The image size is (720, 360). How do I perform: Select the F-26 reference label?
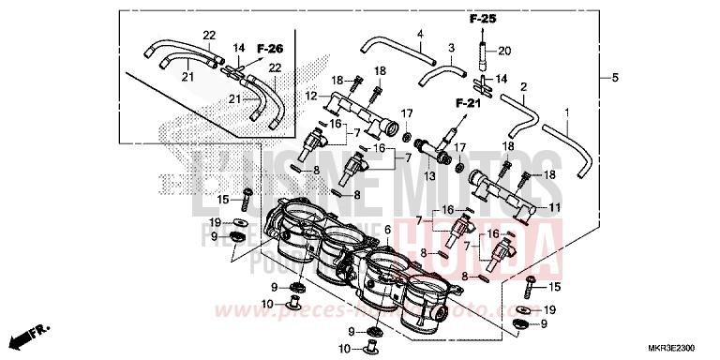(x=269, y=49)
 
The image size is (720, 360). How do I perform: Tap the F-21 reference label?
(x=468, y=102)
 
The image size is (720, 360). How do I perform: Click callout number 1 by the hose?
(x=567, y=112)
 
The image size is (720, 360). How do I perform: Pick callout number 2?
(x=524, y=87)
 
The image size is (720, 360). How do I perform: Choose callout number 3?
(x=451, y=48)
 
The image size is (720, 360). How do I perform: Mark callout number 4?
(x=421, y=35)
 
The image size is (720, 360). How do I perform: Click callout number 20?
(x=505, y=51)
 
